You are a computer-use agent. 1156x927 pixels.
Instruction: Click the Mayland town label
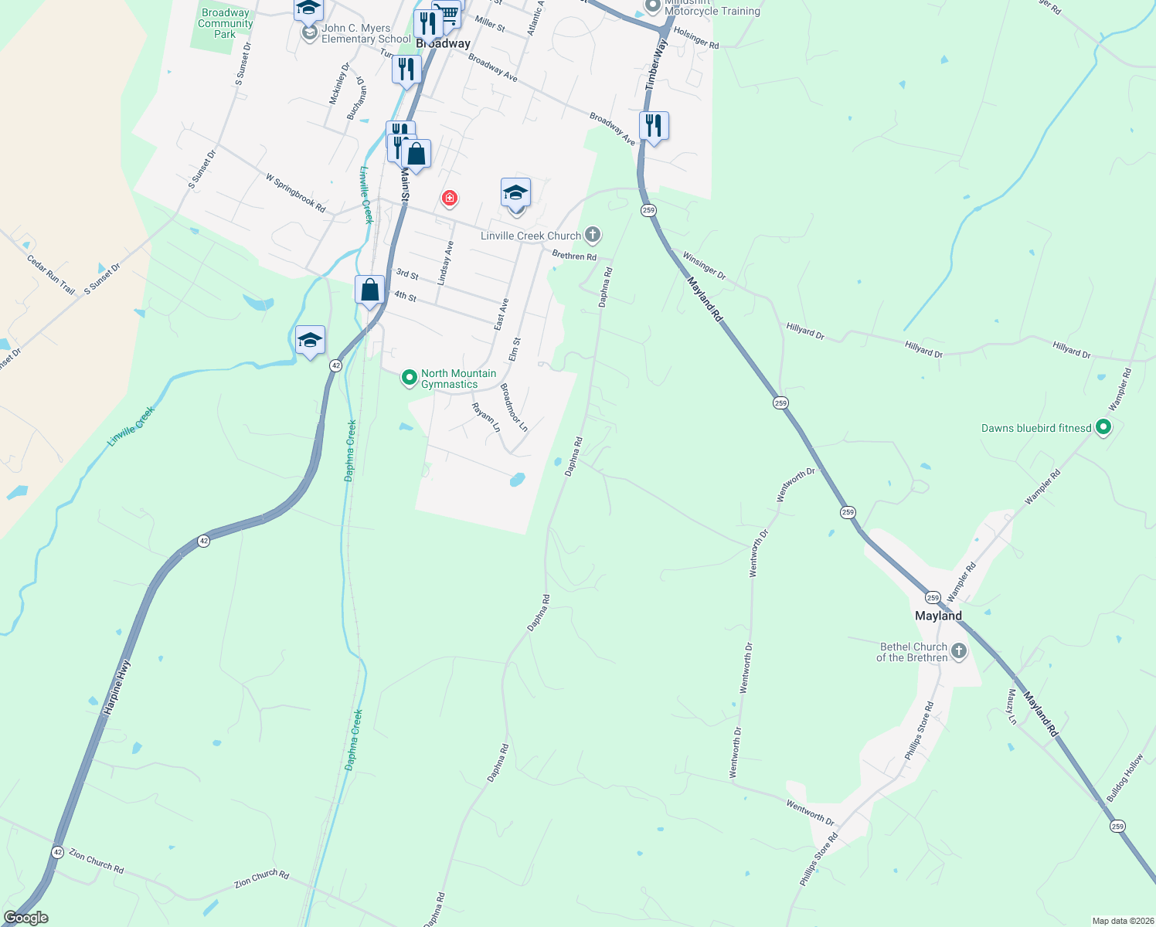(x=938, y=616)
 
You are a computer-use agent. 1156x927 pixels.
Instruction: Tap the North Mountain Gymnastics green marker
(x=410, y=379)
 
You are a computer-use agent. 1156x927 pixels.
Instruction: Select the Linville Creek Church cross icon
(x=593, y=234)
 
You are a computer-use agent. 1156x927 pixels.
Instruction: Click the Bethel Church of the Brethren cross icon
(x=959, y=651)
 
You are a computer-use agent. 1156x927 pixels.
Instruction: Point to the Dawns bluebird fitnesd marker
(x=1103, y=427)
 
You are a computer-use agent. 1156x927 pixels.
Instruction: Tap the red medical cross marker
(x=449, y=199)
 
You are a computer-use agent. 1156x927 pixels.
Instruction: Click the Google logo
(x=25, y=917)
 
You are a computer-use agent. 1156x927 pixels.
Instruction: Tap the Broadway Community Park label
(x=225, y=23)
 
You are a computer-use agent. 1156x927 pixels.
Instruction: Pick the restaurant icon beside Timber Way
(x=654, y=125)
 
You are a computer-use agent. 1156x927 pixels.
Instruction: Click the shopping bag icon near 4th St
(x=370, y=290)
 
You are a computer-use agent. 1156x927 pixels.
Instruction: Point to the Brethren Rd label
(x=574, y=256)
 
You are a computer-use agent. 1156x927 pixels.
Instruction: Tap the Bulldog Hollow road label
(x=1124, y=778)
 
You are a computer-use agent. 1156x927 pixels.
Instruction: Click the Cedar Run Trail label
(x=51, y=274)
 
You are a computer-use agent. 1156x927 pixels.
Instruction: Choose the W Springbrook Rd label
(x=295, y=192)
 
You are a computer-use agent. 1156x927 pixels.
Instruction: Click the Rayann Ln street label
(x=486, y=417)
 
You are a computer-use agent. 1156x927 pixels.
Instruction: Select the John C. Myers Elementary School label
(x=365, y=33)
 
